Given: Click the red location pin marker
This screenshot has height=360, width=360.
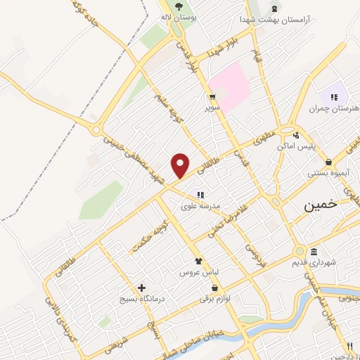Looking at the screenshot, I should tap(181, 165).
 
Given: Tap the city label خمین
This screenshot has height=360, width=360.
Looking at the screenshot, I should tap(321, 207).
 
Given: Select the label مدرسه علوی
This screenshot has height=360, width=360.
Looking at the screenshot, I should tap(201, 206).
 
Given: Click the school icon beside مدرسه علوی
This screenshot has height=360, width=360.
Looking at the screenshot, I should tap(200, 195).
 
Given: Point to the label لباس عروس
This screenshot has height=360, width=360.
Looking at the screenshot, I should tap(198, 271).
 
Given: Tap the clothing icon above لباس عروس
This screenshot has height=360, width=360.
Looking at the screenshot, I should tap(198, 260).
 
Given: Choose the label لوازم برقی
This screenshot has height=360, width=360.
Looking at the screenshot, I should tap(214, 299).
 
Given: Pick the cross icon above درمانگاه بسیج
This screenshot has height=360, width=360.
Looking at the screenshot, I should tap(142, 288).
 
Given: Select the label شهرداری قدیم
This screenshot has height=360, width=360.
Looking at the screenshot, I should tap(313, 262).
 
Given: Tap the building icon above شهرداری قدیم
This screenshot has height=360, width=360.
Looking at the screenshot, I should tap(314, 252).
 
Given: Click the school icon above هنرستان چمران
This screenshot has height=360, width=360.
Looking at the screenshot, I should tap(334, 97).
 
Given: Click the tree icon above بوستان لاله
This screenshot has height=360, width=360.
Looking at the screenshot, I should tap(180, 5).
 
